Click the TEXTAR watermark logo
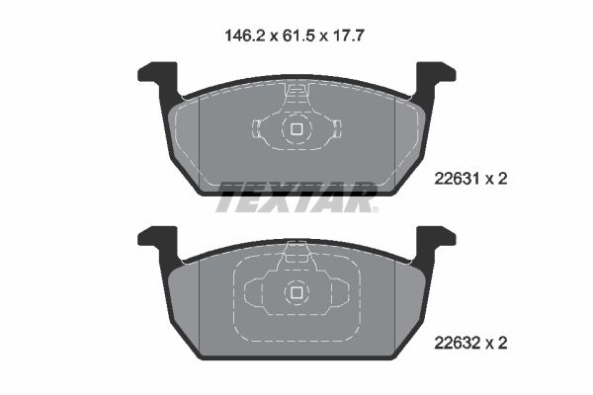click(296, 197)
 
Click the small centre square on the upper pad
click(296, 128)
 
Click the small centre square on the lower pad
click(296, 292)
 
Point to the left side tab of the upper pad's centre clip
click(256, 128)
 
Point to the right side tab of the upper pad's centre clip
click(336, 128)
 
